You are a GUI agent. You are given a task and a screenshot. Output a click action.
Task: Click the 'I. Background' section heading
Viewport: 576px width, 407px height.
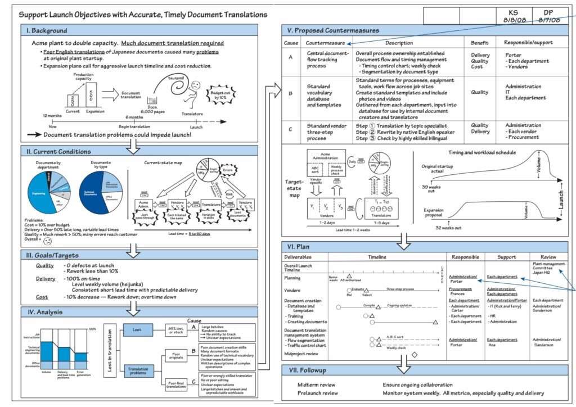[46, 30]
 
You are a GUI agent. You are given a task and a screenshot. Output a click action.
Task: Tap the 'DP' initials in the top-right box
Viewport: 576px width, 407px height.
[550, 12]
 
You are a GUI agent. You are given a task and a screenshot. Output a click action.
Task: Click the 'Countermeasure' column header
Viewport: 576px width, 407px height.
[325, 43]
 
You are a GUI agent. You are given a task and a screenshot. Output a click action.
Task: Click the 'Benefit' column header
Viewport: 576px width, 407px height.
[480, 43]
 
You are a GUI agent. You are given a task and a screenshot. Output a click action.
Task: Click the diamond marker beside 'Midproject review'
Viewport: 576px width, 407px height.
[415, 354]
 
